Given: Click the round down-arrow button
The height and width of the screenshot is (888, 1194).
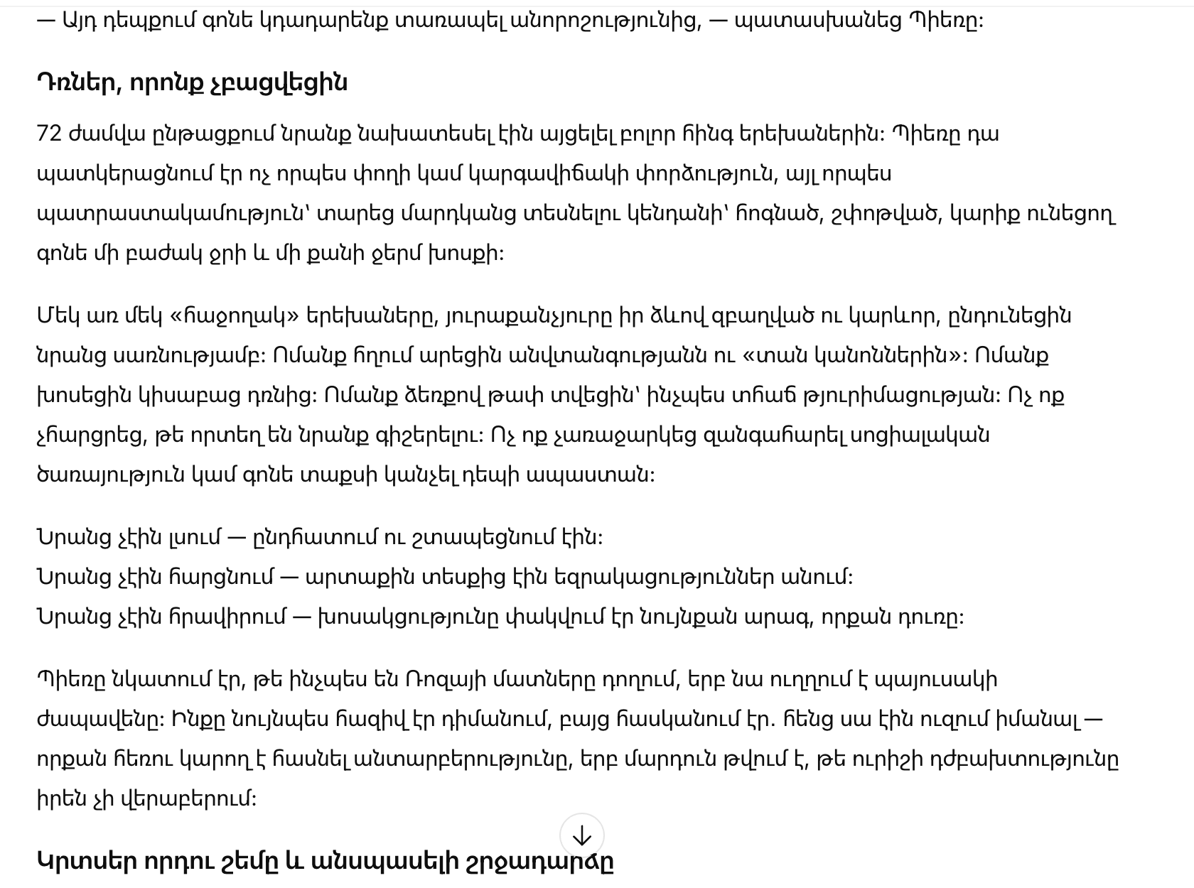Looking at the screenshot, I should pyautogui.click(x=581, y=836).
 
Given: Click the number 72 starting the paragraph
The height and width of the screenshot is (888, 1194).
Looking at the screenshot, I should pyautogui.click(x=49, y=134).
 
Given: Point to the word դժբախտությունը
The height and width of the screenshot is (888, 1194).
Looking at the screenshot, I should pyautogui.click(x=1024, y=759).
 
